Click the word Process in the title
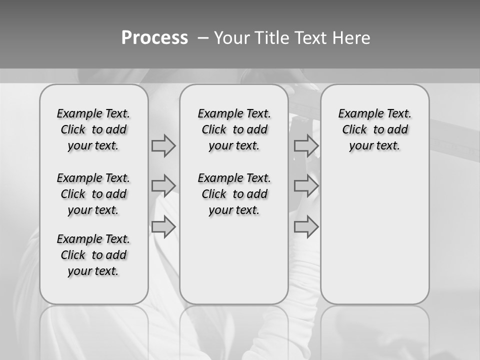(x=154, y=37)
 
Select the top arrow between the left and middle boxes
(x=163, y=145)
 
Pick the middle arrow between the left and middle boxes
(x=163, y=186)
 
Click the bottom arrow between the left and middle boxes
(x=163, y=227)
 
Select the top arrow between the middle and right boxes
(x=306, y=145)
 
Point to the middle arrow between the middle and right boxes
(x=306, y=186)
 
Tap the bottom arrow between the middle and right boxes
(x=306, y=227)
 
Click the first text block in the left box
(x=93, y=129)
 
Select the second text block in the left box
(x=93, y=194)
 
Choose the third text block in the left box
(x=93, y=255)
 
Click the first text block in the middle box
(x=234, y=129)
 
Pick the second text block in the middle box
(x=234, y=194)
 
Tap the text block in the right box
(x=374, y=129)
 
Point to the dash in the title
(x=203, y=38)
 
